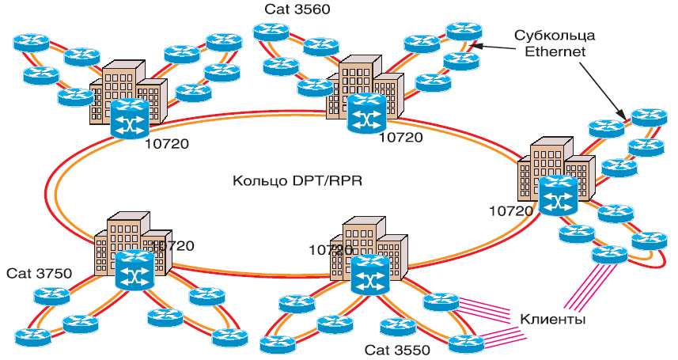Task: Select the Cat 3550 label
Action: click(x=396, y=349)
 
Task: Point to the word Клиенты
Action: click(x=553, y=320)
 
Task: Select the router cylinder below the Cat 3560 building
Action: click(x=366, y=115)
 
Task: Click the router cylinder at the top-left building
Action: click(x=129, y=119)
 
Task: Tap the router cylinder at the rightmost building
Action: click(x=559, y=197)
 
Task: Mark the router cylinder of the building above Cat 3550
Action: click(x=369, y=274)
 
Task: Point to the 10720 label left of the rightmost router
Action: click(x=511, y=211)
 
